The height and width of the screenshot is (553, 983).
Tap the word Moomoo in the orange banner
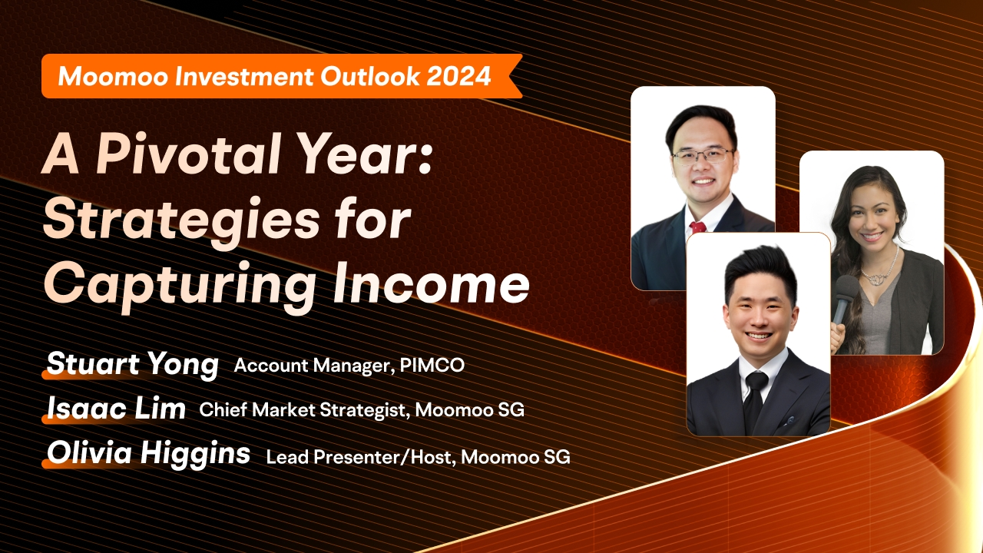click(113, 76)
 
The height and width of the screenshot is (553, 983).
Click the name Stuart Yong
click(133, 364)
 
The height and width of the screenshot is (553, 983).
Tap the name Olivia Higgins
click(148, 453)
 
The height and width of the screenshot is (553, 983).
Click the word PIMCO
click(432, 365)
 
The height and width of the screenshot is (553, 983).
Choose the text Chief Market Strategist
click(302, 410)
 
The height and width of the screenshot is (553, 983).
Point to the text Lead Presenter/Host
click(359, 457)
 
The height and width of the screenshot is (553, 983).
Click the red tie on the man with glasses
click(697, 227)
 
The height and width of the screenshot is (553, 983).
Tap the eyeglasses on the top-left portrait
click(703, 156)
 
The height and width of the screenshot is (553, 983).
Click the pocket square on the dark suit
click(789, 420)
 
